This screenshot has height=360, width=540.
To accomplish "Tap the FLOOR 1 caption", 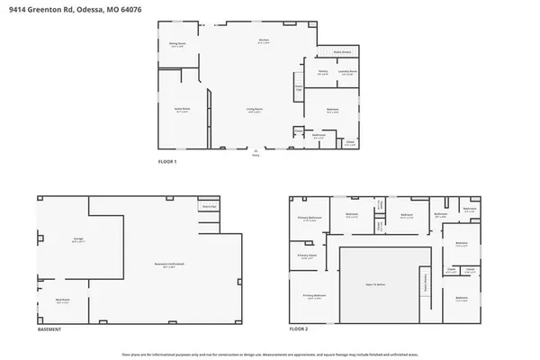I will click(x=167, y=161).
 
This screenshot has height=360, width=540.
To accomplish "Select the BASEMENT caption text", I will click(x=49, y=330).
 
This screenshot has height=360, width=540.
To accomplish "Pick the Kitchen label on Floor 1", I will click(x=265, y=41).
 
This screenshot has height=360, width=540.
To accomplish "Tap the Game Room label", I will click(x=182, y=110).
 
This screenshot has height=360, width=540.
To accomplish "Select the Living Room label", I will click(x=255, y=111).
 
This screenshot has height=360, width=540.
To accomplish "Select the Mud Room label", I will click(x=62, y=301).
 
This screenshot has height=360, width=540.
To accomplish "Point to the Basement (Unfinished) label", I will click(x=169, y=264).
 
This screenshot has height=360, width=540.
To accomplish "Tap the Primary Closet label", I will click(x=305, y=256).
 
